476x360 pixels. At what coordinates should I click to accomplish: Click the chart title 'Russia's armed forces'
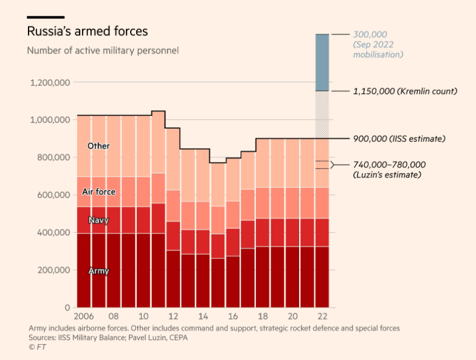point(88,30)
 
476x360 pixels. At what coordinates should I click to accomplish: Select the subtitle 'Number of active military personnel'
point(103,50)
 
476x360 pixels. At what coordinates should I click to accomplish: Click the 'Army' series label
point(98,270)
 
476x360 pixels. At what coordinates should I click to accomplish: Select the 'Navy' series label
point(98,220)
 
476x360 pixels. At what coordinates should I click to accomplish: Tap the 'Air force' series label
point(98,192)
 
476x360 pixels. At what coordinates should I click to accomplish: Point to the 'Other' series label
point(98,146)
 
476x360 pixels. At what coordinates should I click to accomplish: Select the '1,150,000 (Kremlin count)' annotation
point(405,91)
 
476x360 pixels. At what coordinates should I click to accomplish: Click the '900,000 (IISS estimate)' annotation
point(399,139)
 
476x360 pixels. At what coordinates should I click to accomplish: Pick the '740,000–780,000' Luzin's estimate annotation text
point(389,164)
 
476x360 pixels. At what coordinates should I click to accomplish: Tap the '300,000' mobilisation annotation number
point(370,35)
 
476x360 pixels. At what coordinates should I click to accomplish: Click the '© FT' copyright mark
point(37,347)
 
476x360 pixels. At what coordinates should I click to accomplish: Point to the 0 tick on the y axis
point(68,308)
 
